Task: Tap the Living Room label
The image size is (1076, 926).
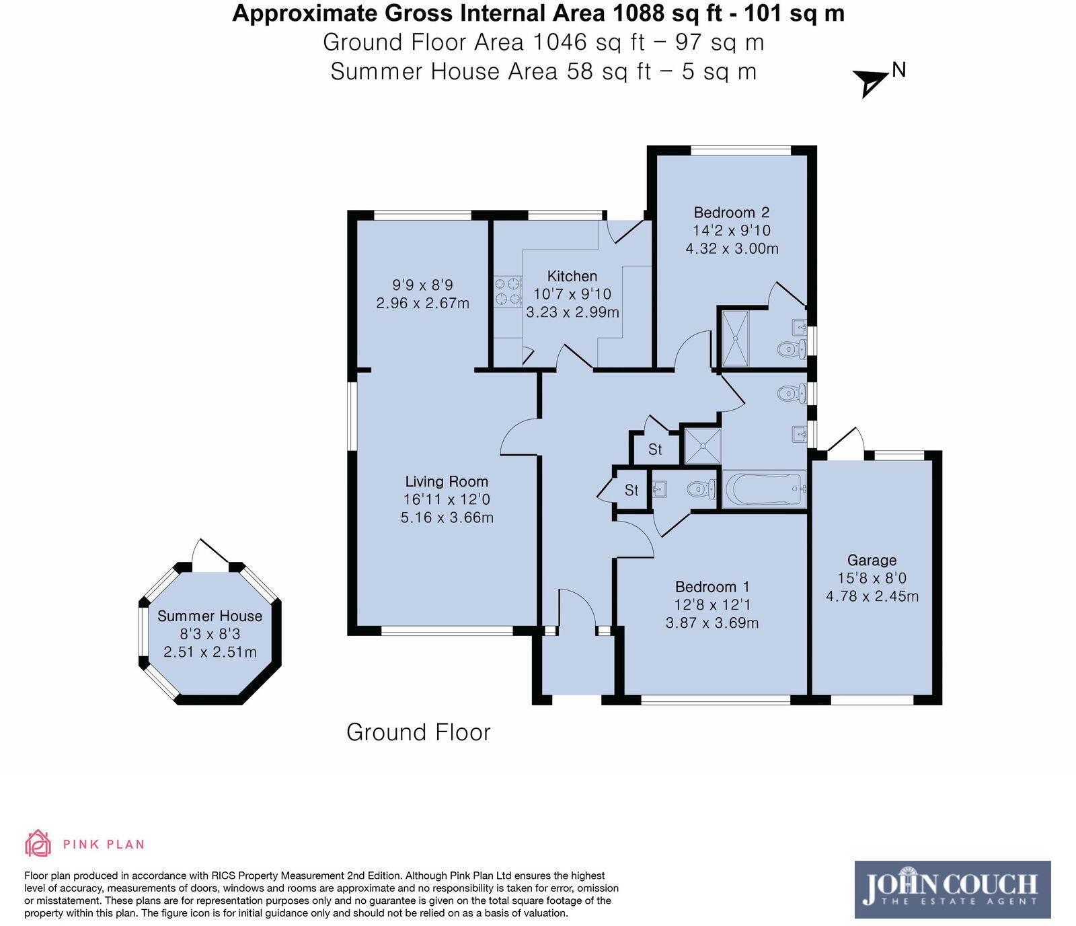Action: point(447,481)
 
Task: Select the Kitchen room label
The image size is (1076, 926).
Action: point(572,276)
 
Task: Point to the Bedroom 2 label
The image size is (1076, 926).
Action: point(731,213)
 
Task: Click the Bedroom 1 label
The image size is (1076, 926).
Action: point(712,587)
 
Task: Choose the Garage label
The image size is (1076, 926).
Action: point(872,560)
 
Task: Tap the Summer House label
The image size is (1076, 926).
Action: point(210,616)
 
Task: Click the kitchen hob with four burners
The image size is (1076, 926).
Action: point(508,291)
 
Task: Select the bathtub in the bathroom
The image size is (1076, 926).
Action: point(764,489)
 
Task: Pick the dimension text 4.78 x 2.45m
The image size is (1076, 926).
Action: point(872,596)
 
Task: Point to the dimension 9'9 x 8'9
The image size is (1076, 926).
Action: point(422,285)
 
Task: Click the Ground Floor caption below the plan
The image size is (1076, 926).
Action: point(418,732)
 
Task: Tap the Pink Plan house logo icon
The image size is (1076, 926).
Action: point(38,843)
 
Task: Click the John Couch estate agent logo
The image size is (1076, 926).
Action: point(952,890)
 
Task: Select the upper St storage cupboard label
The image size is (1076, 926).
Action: point(655,450)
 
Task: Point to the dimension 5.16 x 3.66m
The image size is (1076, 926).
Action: point(447,518)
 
